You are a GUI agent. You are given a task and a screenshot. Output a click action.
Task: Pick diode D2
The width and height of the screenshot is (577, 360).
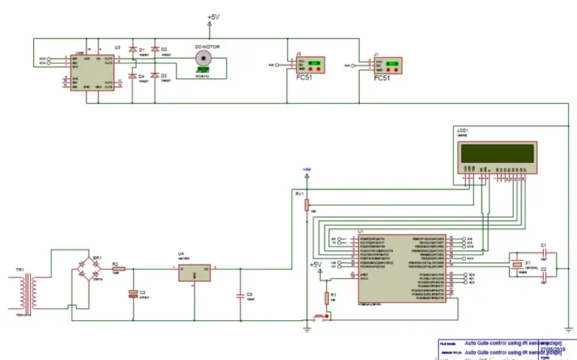154,52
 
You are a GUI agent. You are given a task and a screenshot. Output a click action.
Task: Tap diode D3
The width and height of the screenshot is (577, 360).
154,77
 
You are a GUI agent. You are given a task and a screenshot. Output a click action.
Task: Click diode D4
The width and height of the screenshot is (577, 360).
132,77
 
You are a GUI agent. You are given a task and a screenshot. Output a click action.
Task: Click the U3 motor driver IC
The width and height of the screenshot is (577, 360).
92,71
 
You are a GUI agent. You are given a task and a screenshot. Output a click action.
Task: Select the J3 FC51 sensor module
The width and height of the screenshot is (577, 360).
309,65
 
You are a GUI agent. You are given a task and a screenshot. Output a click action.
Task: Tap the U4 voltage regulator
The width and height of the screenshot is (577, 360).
195,272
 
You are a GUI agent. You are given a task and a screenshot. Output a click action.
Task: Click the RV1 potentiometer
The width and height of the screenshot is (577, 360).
307,204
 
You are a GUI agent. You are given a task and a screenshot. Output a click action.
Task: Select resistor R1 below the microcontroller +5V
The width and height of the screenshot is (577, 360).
325,296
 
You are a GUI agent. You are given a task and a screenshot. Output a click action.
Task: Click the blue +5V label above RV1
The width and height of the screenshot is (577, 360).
307,169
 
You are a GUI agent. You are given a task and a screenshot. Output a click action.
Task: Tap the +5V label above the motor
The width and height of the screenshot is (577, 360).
213,17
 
